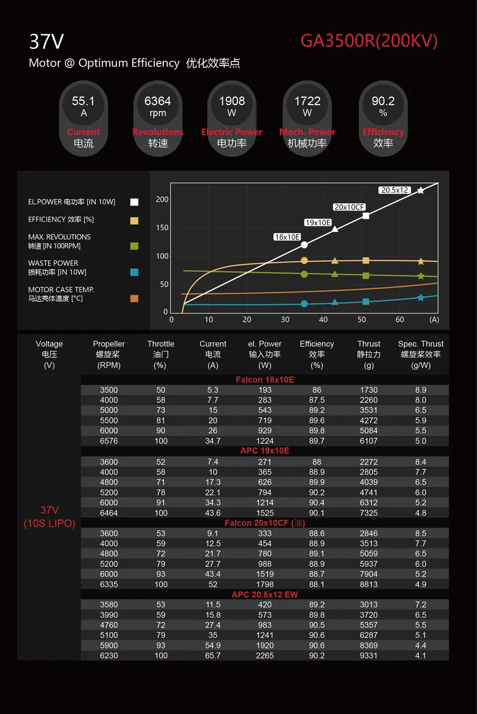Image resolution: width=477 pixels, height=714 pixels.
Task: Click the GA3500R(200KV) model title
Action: (x=369, y=41)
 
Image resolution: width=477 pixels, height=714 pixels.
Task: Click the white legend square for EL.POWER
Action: (x=134, y=202)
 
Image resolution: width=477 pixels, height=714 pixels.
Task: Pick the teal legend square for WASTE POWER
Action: (x=134, y=272)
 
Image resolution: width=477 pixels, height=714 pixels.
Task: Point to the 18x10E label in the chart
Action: (x=287, y=237)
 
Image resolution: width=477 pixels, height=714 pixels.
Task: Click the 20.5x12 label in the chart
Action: (x=395, y=190)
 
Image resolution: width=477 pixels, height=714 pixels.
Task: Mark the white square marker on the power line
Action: (x=366, y=216)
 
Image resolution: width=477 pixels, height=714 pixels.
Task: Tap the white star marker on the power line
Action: (x=421, y=190)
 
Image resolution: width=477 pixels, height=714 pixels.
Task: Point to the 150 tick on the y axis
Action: (x=162, y=228)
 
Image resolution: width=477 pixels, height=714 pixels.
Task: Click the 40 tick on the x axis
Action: (x=323, y=319)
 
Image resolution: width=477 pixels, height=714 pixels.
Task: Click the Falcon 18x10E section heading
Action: (x=265, y=380)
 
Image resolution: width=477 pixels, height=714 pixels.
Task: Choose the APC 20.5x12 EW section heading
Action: (x=265, y=594)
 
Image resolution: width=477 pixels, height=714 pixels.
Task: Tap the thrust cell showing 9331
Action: (x=369, y=656)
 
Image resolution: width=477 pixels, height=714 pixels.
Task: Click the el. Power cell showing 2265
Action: (x=265, y=656)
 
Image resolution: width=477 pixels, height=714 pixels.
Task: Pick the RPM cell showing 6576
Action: (x=109, y=441)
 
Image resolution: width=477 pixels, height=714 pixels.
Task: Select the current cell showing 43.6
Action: (x=213, y=513)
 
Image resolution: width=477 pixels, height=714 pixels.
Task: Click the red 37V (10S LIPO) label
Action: (x=49, y=517)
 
